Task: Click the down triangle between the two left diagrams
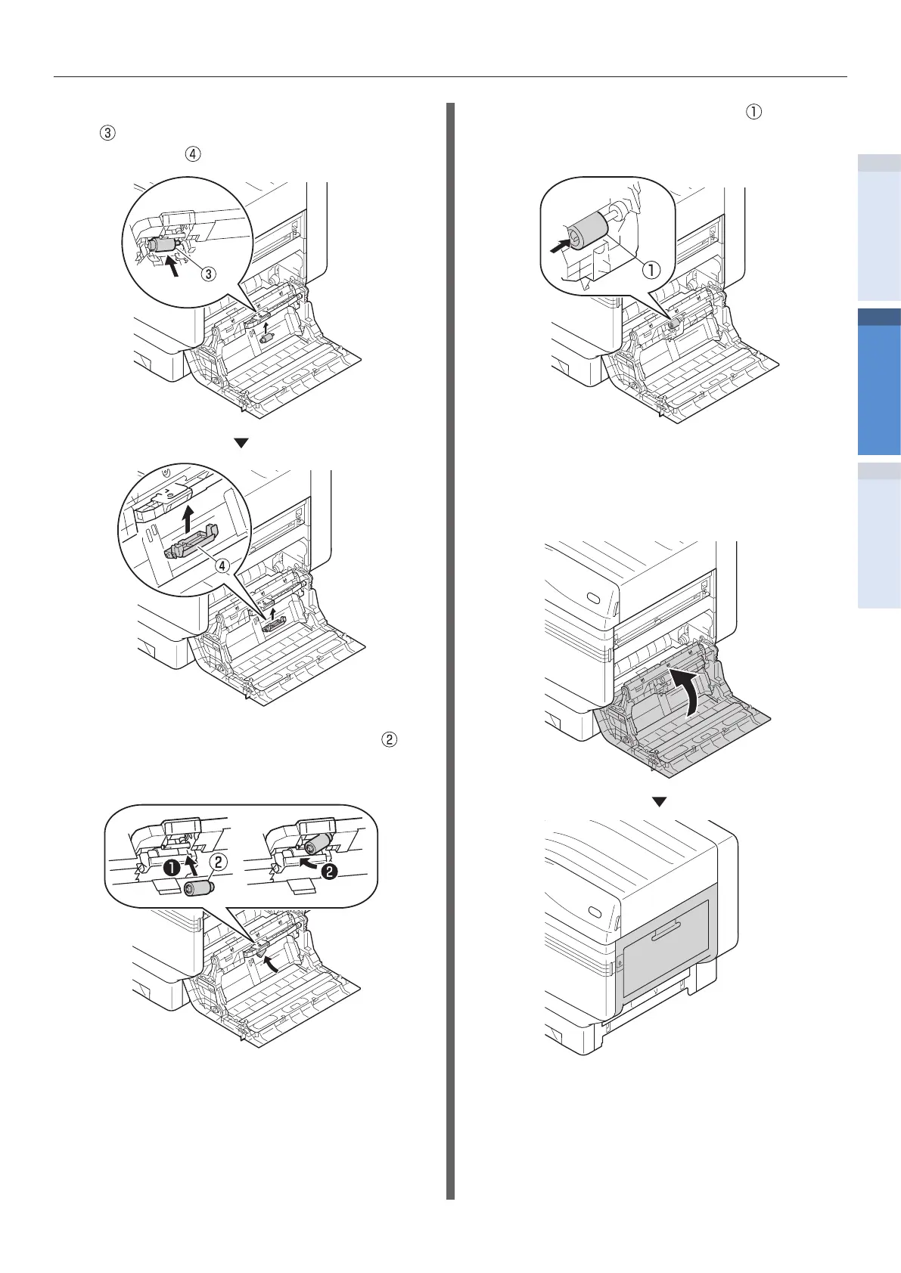241,444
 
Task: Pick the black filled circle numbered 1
172,869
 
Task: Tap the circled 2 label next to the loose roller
217,861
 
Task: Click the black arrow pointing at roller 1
560,246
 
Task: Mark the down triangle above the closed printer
660,802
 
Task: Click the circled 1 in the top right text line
753,111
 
